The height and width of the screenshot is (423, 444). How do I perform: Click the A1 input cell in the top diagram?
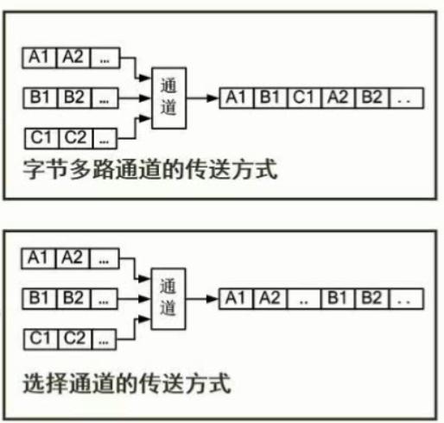coord(39,58)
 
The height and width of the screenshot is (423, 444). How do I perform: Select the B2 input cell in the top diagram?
coord(74,98)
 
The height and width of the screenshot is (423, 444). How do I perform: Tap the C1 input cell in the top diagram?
coord(41,138)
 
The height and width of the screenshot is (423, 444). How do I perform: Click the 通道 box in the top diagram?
coord(168,98)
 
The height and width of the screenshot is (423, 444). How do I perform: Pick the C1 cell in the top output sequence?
coord(305,98)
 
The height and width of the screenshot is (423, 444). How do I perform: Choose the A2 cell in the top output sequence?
coord(339,98)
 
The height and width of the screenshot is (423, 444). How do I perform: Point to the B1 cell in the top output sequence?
coord(270,98)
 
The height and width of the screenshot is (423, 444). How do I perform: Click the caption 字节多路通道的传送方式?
coord(149,169)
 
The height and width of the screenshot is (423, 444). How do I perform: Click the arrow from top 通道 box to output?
coord(203,98)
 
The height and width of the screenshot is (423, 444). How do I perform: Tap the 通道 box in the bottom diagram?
coord(168,299)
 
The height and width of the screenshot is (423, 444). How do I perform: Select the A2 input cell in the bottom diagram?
coord(73,258)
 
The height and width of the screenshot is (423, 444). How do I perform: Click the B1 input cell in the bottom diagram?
coord(39,299)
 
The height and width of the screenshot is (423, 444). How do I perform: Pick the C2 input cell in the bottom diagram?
coord(74,339)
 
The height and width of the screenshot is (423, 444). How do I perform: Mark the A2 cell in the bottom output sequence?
coord(270,299)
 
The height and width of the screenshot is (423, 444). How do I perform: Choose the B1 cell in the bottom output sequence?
coord(338,299)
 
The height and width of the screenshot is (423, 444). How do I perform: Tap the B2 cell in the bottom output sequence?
coord(371,299)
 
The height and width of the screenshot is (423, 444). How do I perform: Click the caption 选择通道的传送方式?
coord(127,383)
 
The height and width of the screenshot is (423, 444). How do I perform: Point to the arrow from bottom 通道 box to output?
coord(202,299)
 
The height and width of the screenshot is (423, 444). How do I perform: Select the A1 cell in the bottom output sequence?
coord(236,299)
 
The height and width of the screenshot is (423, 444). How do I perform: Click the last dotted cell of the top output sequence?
coord(406,98)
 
